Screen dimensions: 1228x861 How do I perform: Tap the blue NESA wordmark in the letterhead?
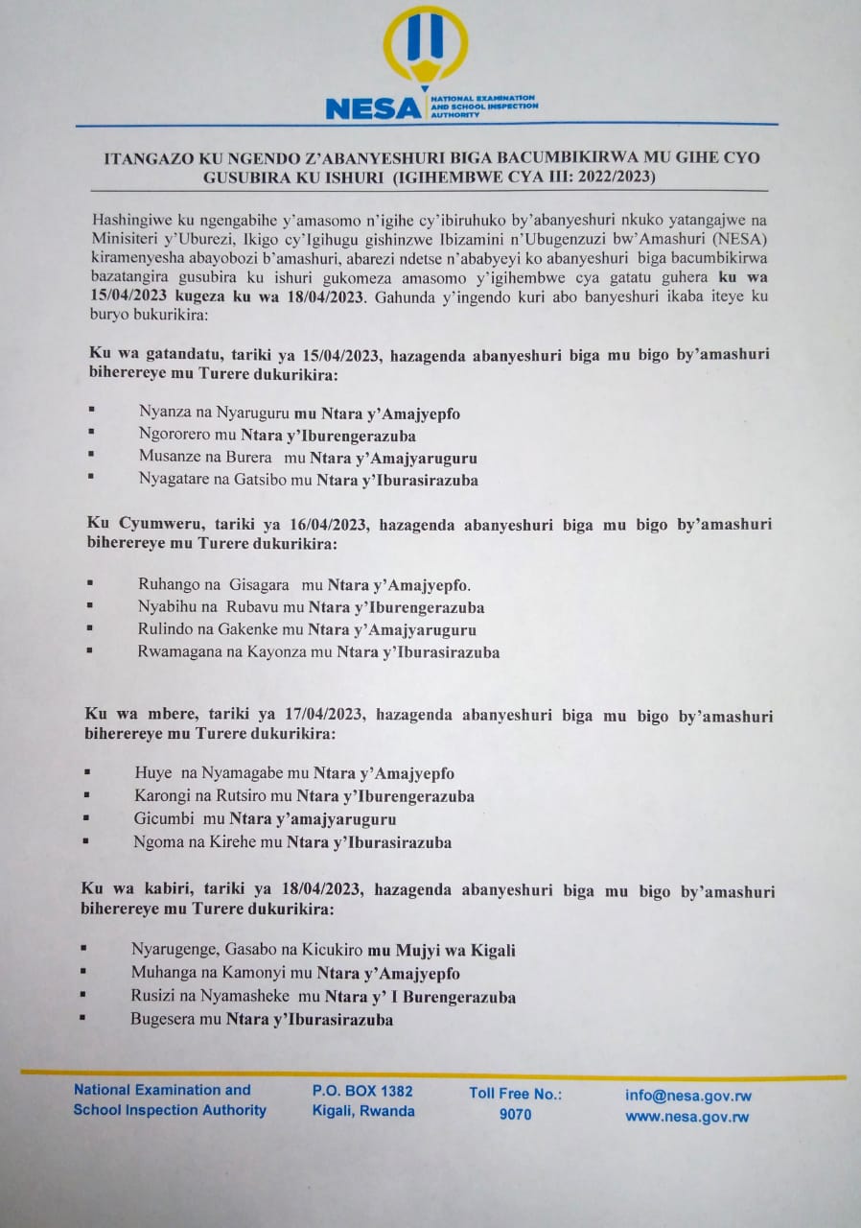[373, 108]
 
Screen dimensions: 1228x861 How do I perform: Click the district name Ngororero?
[174, 436]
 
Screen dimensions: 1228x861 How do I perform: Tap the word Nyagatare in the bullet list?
[172, 480]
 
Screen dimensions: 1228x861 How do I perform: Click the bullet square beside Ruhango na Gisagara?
[89, 583]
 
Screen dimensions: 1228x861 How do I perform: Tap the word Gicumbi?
[162, 819]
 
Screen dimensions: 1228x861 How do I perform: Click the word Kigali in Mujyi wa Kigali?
[491, 951]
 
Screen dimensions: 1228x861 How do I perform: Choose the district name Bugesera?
[164, 1020]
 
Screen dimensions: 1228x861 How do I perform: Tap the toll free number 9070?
[515, 1115]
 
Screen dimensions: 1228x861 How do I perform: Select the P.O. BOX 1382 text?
[362, 1091]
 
